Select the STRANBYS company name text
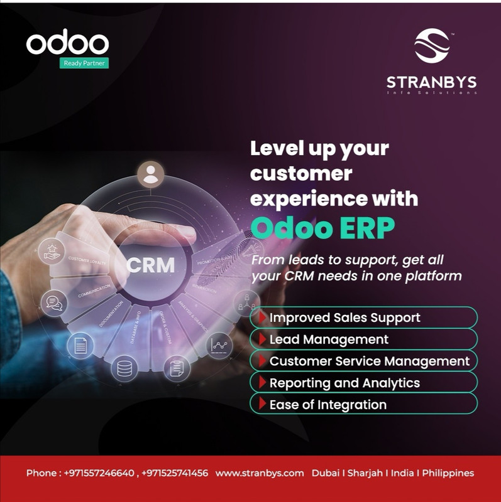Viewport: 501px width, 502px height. click(431, 82)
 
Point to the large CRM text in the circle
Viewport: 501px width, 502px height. click(150, 264)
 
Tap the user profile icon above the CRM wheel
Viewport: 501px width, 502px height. click(150, 174)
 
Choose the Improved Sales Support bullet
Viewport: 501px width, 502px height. click(344, 318)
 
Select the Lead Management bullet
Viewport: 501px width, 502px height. click(328, 339)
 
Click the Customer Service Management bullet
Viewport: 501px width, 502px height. click(369, 361)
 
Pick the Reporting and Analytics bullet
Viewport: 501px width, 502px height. click(344, 383)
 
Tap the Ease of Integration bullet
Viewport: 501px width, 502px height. click(328, 405)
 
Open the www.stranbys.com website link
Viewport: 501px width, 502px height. click(259, 473)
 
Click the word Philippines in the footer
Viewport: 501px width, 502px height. click(448, 473)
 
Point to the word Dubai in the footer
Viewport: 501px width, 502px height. click(325, 473)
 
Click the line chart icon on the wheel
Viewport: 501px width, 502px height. click(219, 344)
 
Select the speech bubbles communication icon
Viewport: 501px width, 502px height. click(52, 302)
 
